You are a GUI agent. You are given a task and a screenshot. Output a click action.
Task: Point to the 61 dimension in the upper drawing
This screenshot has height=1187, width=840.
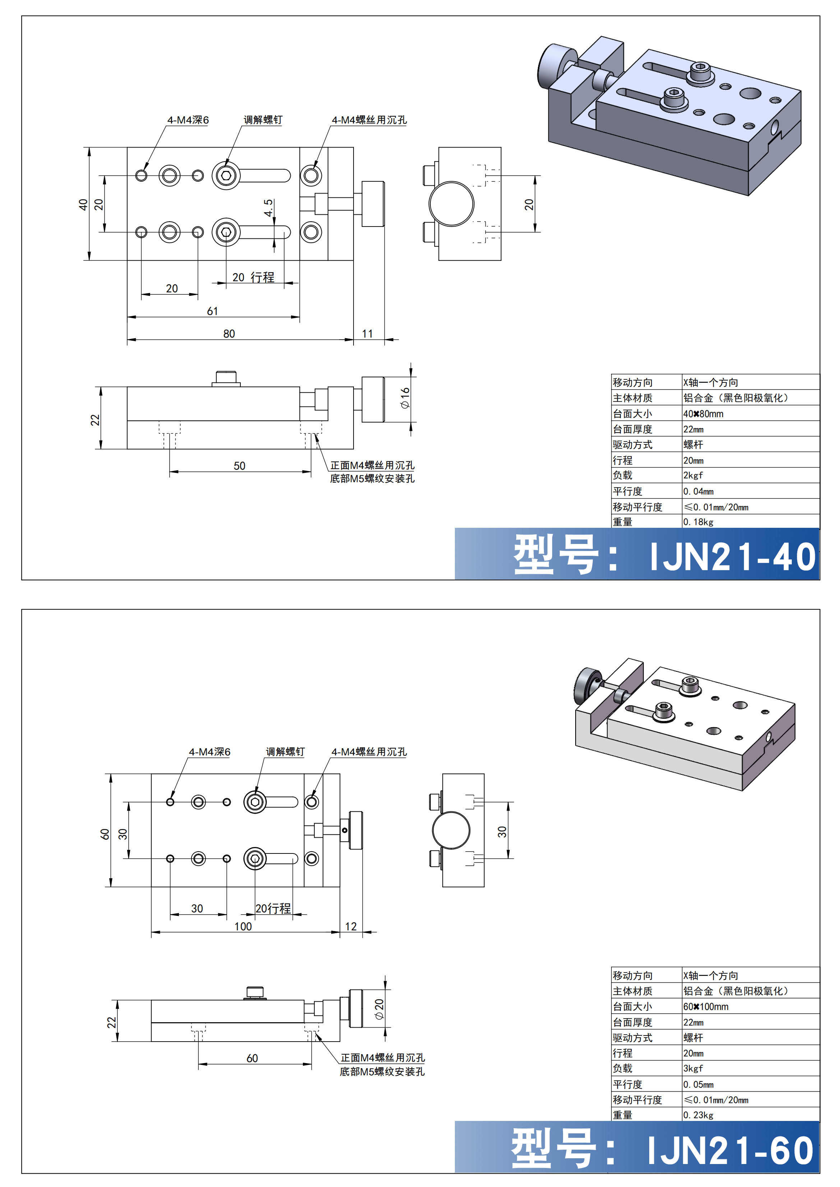[213, 311]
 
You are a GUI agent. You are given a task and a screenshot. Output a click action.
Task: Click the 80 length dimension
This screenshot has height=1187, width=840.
[229, 334]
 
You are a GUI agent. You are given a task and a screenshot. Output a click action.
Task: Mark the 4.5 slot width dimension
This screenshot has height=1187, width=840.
[268, 208]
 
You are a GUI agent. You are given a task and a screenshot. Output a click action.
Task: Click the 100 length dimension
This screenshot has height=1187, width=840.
[243, 926]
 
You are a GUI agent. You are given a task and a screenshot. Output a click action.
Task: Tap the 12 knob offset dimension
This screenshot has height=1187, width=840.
[351, 926]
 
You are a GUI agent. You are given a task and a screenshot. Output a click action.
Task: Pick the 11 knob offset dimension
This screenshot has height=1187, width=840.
[367, 334]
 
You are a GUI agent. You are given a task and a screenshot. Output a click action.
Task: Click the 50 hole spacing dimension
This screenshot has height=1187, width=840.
[240, 465]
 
